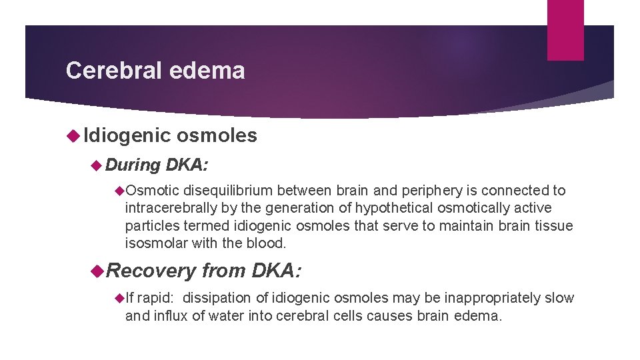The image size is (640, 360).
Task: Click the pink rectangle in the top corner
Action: [565, 30]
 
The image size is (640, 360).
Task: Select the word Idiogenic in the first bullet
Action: [127, 135]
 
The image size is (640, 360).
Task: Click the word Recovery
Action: [151, 271]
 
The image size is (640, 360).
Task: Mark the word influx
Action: [170, 315]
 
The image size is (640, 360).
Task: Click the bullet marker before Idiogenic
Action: [73, 136]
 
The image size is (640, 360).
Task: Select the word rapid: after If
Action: [159, 297]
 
